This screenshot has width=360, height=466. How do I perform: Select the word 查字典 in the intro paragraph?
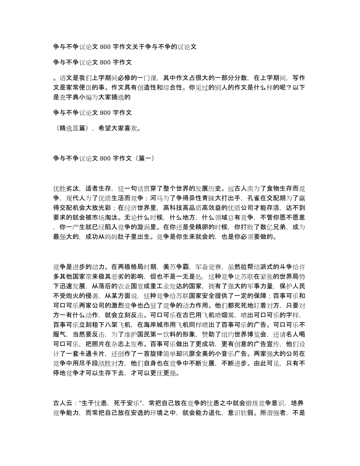point(68,97)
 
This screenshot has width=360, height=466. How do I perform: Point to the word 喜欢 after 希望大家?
point(131,128)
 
